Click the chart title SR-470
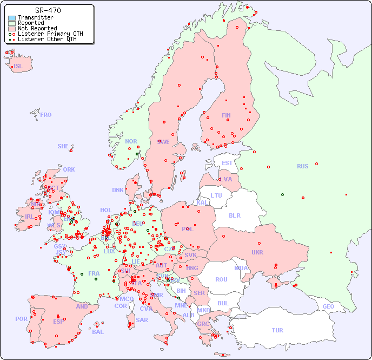click(48, 10)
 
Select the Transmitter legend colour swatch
click(12, 18)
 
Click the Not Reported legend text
click(37, 29)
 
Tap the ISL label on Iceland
click(18, 67)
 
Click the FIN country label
click(226, 115)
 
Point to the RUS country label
click(302, 166)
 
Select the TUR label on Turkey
click(277, 330)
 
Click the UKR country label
click(257, 252)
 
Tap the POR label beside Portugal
click(21, 319)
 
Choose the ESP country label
click(58, 321)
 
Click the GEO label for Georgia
click(328, 306)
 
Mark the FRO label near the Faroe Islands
click(46, 115)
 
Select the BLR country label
click(235, 215)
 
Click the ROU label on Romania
click(221, 279)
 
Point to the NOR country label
click(131, 141)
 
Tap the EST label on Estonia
click(227, 163)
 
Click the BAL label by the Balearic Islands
click(98, 332)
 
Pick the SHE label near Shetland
click(63, 146)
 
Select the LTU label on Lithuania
click(216, 195)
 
